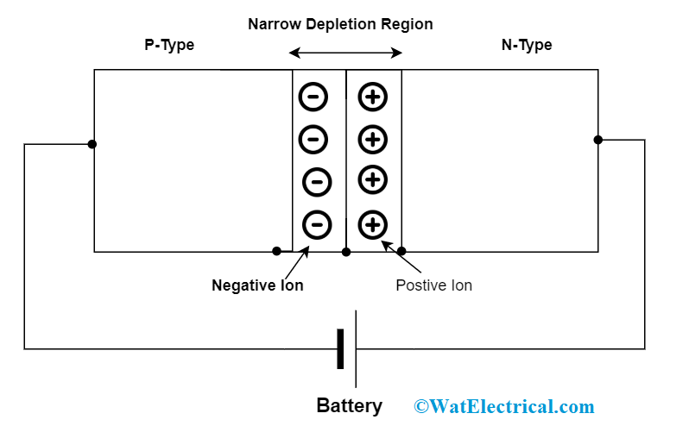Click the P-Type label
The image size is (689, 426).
pos(169,45)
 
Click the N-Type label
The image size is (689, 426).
pos(526,45)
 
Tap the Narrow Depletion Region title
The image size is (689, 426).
pos(340,24)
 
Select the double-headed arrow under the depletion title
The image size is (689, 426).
pos(345,53)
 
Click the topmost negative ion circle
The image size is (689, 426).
pos(313,97)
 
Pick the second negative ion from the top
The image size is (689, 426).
pos(313,138)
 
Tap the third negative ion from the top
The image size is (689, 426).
pos(317,181)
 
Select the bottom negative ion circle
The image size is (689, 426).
pos(317,225)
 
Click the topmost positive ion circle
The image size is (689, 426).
pos(373,97)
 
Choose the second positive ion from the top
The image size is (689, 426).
pos(373,138)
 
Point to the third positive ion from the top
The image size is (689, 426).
pos(373,179)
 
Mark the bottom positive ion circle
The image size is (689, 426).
pos(373,225)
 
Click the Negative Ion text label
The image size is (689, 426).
pos(257,285)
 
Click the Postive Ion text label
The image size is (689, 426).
pos(433,285)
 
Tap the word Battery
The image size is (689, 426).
pos(349,406)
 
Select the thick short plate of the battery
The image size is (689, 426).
pos(340,348)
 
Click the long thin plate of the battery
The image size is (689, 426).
pos(356,348)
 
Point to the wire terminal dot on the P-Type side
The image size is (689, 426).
pos(92,144)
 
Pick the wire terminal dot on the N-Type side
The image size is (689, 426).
pos(597,140)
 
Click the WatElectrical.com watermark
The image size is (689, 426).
pos(504,406)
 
